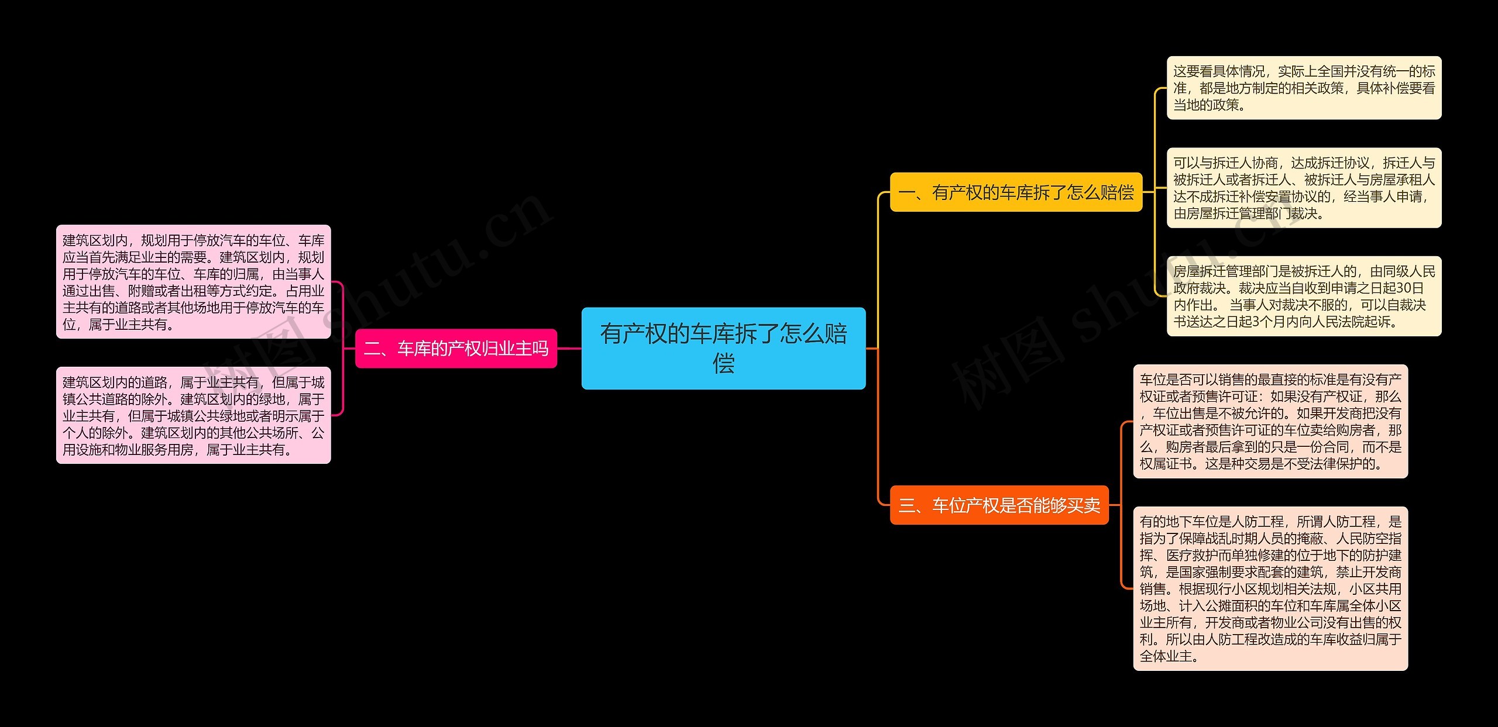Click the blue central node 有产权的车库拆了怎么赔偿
pyautogui.click(x=723, y=348)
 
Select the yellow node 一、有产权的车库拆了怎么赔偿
pyautogui.click(x=1016, y=192)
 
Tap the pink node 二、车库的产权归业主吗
pyautogui.click(x=456, y=349)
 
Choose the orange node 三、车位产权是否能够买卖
pyautogui.click(x=999, y=505)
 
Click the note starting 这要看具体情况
pyautogui.click(x=1304, y=88)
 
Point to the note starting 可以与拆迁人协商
pyautogui.click(x=1304, y=188)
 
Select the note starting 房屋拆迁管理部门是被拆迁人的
pyautogui.click(x=1304, y=296)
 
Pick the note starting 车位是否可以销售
pyautogui.click(x=1270, y=421)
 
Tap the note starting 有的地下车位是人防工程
pyautogui.click(x=1270, y=588)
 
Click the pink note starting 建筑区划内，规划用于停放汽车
pyautogui.click(x=193, y=281)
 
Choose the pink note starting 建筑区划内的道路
pyautogui.click(x=193, y=415)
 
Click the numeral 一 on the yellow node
pyautogui.click(x=906, y=193)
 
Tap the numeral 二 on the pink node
pyautogui.click(x=372, y=349)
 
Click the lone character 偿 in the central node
pyautogui.click(x=723, y=364)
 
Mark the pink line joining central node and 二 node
pyautogui.click(x=569, y=349)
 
